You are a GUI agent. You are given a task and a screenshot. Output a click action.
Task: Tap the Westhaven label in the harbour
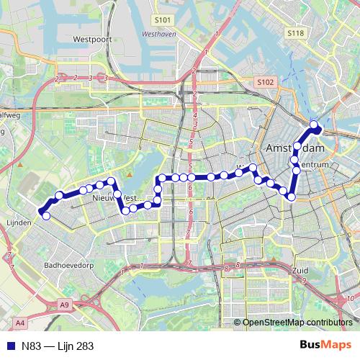(159, 33)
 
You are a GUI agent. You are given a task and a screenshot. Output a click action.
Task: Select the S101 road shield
(164, 21)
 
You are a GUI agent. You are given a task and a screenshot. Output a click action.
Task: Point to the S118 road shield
(294, 33)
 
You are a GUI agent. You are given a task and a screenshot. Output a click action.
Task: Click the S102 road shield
(265, 83)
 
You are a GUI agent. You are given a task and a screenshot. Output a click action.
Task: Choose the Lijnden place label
(19, 223)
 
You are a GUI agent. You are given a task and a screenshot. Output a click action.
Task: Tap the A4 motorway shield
(19, 323)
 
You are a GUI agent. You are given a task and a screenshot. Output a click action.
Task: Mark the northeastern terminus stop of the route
(314, 125)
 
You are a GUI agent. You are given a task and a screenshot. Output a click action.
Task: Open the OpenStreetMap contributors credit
(297, 323)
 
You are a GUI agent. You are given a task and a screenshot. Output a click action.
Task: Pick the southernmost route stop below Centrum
(292, 197)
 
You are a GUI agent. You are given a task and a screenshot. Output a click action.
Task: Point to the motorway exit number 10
(349, 299)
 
